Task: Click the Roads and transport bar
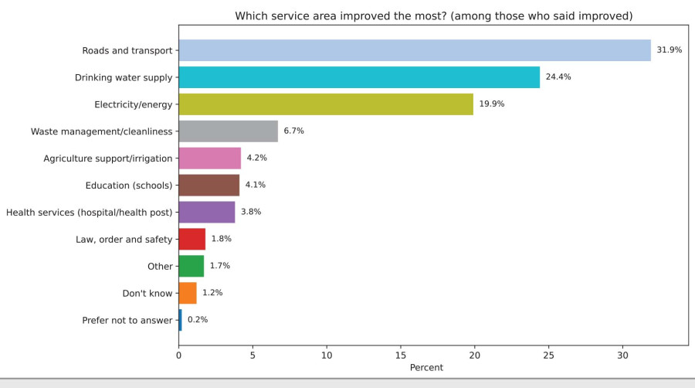415,50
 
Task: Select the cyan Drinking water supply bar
359,77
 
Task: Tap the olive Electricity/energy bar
326,104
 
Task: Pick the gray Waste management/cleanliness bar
228,131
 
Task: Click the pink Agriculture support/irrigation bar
209,158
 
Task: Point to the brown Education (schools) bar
208,185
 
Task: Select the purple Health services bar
206,212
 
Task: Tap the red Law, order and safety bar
192,239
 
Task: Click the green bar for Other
191,266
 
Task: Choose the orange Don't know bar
187,293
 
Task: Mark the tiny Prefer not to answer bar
180,320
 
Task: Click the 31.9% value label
669,50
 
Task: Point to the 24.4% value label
558,77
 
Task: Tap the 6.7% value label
293,131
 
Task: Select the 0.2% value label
198,320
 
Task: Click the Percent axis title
426,368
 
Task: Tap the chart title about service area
434,16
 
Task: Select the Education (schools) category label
129,185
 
